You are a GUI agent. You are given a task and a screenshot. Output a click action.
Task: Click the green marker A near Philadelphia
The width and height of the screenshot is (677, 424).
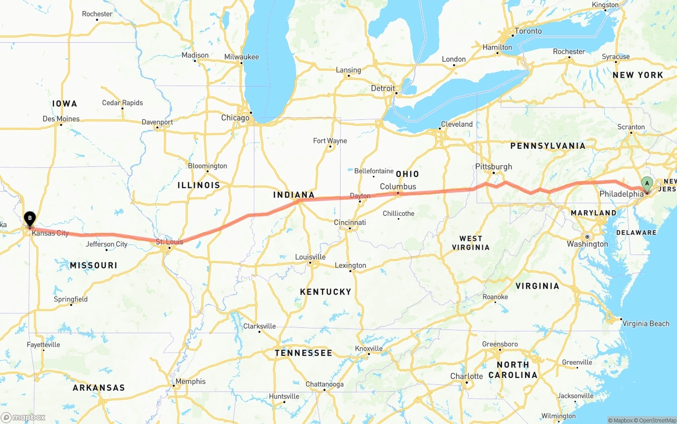coord(646,184)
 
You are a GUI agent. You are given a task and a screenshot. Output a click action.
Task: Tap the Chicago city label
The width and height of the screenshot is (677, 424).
coord(235,118)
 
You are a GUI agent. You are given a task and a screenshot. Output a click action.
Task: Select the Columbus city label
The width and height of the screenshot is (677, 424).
coord(398,186)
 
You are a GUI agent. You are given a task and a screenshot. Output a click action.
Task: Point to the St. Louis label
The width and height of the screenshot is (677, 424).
coord(169,242)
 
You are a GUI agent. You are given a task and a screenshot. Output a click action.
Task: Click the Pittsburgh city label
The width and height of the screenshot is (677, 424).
coord(493,166)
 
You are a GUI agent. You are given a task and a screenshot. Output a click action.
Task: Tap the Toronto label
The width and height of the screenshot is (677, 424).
coord(528,31)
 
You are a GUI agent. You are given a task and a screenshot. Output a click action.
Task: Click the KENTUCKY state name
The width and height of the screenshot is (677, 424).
coord(325,291)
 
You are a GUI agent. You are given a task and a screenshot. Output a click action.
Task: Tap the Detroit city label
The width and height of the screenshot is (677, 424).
coord(382,88)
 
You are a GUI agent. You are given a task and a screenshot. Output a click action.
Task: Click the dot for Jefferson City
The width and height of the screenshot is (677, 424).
coord(106,250)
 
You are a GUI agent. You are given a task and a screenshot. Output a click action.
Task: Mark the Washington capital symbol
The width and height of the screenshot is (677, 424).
coord(587,237)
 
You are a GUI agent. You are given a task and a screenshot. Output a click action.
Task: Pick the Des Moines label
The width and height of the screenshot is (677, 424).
coord(61,119)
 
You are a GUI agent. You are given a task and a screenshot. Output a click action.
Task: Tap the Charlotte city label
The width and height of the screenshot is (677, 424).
coord(466,376)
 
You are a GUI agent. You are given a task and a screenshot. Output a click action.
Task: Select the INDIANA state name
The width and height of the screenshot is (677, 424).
coord(294,195)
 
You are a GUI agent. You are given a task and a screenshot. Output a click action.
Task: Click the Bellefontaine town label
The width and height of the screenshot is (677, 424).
coord(373,171)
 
